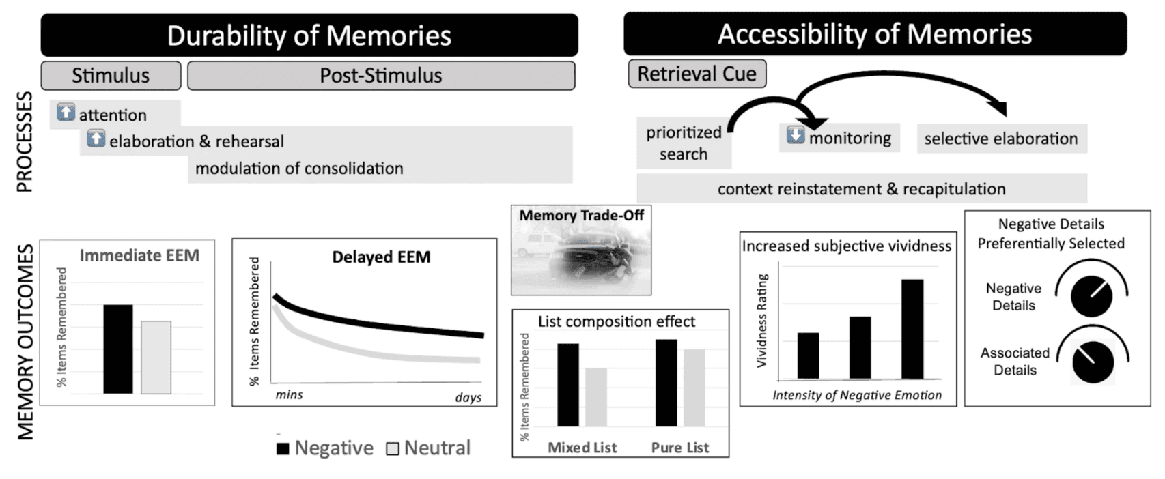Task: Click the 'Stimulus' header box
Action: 111,76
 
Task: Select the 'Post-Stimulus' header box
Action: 381,76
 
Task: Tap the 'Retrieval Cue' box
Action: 697,74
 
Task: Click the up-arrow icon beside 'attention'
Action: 66,112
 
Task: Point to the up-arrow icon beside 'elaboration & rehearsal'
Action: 96,139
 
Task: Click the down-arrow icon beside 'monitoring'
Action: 796,134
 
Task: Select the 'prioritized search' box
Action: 684,143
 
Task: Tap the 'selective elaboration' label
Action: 1001,139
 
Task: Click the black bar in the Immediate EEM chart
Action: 118,349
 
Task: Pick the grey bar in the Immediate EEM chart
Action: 156,358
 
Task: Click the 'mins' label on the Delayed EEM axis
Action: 289,395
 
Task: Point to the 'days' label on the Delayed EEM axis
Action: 468,397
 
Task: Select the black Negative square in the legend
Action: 283,449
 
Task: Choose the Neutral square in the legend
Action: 393,449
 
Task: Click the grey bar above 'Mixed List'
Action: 596,397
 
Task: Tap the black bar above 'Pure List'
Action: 666,383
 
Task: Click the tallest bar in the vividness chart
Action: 912,330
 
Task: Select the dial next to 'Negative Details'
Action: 1092,296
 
